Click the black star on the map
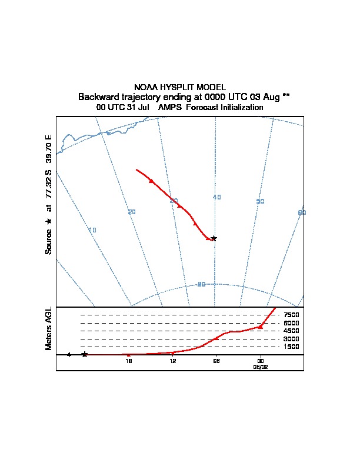click(x=214, y=238)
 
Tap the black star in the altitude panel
click(x=85, y=354)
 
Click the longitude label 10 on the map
click(x=92, y=230)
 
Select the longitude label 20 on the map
click(x=132, y=212)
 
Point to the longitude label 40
click(x=217, y=197)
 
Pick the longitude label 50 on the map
click(x=261, y=201)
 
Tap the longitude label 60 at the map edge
click(x=302, y=212)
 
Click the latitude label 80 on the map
click(x=201, y=284)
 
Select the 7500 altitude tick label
click(x=291, y=315)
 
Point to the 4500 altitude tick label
click(x=291, y=331)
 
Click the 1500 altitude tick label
click(x=291, y=347)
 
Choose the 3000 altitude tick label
click(x=291, y=339)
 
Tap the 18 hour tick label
click(x=129, y=361)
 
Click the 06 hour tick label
click(x=216, y=361)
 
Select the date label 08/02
click(x=261, y=366)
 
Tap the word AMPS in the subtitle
click(x=170, y=108)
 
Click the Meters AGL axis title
click(x=49, y=328)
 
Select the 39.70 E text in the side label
click(x=49, y=149)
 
